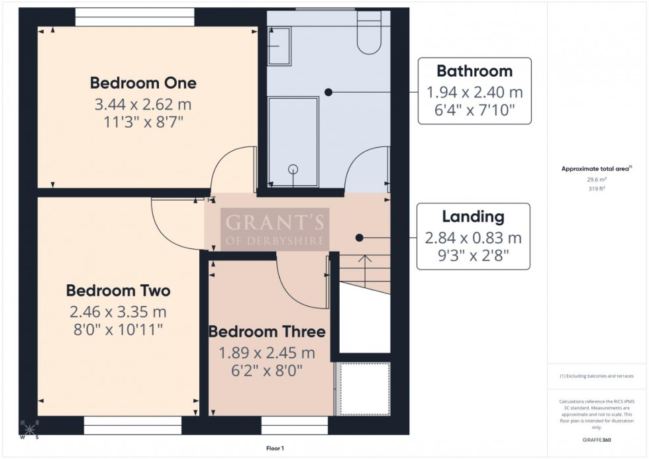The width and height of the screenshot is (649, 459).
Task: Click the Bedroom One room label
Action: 143,83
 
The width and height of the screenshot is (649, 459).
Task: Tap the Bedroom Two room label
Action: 118,291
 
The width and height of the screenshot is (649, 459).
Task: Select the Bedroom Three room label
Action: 267,332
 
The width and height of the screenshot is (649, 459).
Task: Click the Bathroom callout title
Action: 474,71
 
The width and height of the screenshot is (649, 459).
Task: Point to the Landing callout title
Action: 474,217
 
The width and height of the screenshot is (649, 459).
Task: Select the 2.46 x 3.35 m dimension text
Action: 118,311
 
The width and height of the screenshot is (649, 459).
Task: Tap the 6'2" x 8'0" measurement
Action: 267,371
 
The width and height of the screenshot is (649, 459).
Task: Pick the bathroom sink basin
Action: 279,46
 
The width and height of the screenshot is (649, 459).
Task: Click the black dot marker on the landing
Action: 359,237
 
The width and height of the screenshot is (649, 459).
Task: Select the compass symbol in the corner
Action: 28,429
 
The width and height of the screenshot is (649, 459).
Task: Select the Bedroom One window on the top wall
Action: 134,17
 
